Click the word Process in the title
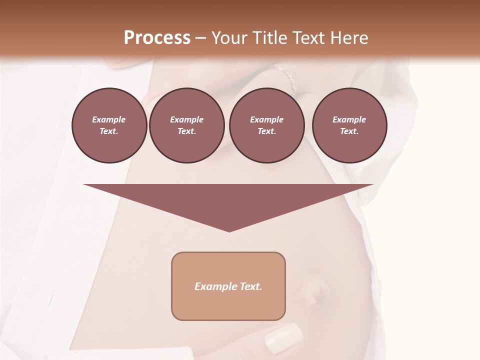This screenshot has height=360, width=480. point(157,38)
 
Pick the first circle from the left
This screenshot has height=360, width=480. point(109,125)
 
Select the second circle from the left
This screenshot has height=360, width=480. point(186,125)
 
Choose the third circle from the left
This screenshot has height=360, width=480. point(266,125)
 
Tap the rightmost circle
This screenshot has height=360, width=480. point(349,125)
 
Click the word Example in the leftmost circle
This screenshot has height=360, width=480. point(109,119)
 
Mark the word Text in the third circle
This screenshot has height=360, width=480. point(266,131)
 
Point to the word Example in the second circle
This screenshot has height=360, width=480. point(186,119)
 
